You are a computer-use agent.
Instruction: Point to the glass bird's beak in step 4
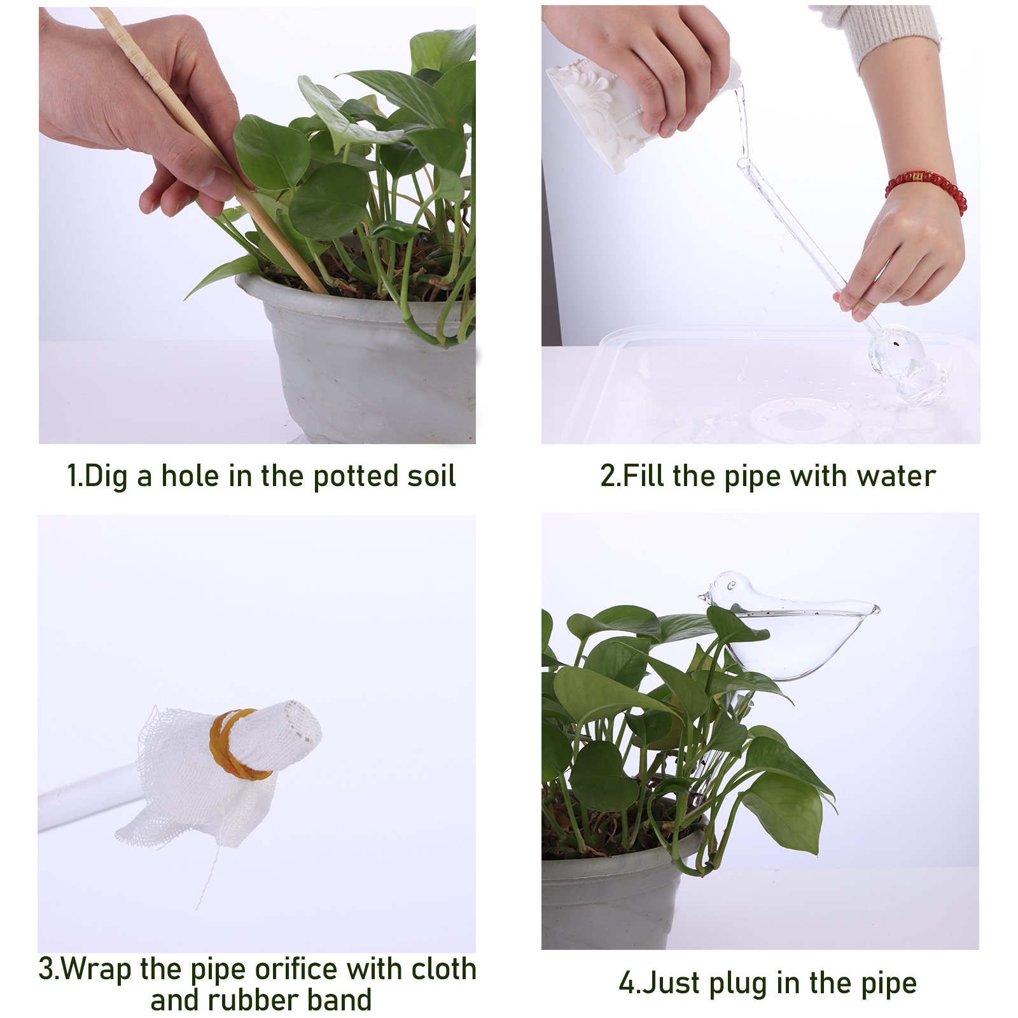(x=705, y=596)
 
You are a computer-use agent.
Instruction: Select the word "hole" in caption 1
(x=190, y=476)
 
